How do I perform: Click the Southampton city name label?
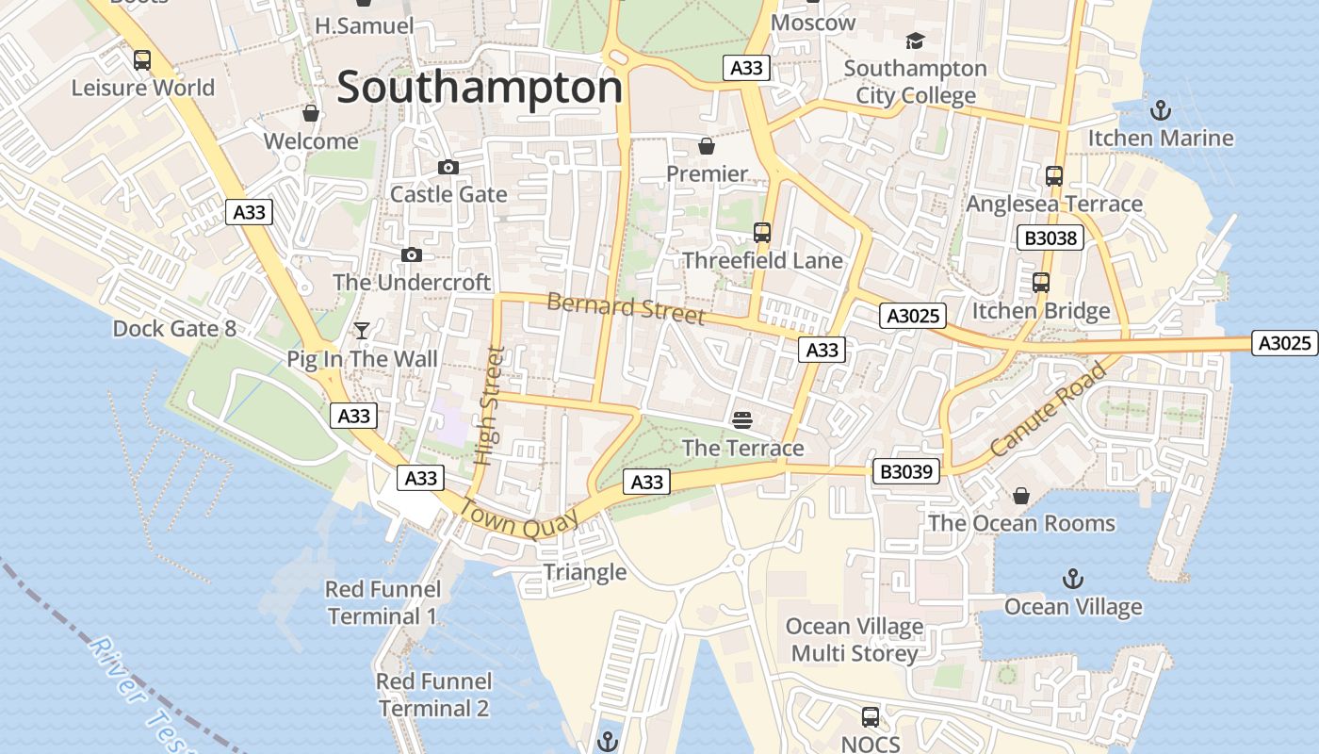point(480,88)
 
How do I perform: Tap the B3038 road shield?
point(1050,238)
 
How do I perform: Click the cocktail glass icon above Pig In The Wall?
point(361,330)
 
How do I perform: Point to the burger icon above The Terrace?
point(742,418)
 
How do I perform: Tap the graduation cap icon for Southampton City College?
point(915,41)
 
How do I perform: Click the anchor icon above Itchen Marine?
point(1161,110)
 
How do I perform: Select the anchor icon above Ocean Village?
point(1072,578)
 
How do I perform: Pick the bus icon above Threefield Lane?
point(762,232)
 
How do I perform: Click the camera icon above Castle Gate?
point(448,167)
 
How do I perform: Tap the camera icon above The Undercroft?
point(412,254)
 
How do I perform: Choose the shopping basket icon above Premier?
point(706,146)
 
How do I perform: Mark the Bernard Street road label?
point(626,308)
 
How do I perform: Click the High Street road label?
point(489,406)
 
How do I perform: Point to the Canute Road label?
point(1048,410)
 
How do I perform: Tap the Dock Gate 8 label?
point(174,329)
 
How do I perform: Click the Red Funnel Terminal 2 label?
point(434,695)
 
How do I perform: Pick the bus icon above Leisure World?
point(142,60)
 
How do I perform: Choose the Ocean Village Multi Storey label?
point(855,640)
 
